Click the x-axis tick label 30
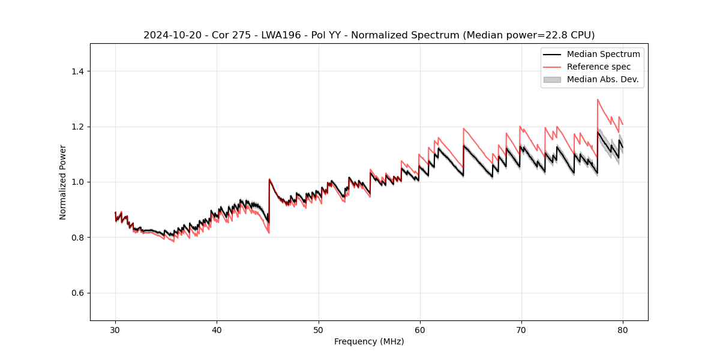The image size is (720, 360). pos(115,329)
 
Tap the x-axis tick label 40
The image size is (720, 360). pos(217,329)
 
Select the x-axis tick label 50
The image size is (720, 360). pos(318,329)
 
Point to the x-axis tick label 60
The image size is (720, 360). pos(419,329)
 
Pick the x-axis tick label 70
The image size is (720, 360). pos(521,329)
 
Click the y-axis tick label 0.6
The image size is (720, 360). pos(77,293)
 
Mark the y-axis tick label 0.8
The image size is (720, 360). pos(77,238)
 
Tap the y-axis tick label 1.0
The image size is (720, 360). pos(77,182)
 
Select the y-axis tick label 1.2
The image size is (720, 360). pos(77,127)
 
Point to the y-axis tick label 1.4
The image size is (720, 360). pos(77,71)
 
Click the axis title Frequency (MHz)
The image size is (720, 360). pos(369,341)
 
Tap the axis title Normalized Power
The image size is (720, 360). pos(62,182)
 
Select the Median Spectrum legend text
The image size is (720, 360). pos(603,54)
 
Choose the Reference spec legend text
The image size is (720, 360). pos(599,67)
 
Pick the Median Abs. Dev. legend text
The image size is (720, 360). pos(603,79)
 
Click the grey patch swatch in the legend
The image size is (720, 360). pos(552,79)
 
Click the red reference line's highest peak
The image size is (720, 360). pos(598,100)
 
